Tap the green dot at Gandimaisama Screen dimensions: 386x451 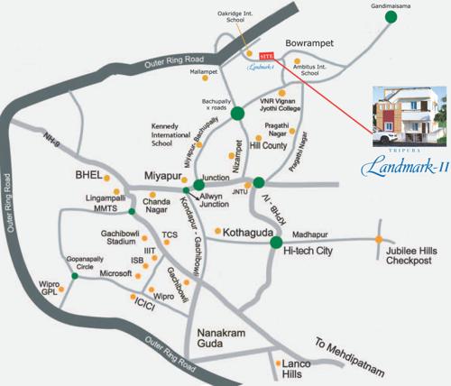391,15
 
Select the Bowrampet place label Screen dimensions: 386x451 310,42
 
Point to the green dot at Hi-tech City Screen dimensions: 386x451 277,242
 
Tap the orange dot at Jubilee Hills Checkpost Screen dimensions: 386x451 378,239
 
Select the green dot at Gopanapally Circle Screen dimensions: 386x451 74,275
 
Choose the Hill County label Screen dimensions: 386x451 267,144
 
